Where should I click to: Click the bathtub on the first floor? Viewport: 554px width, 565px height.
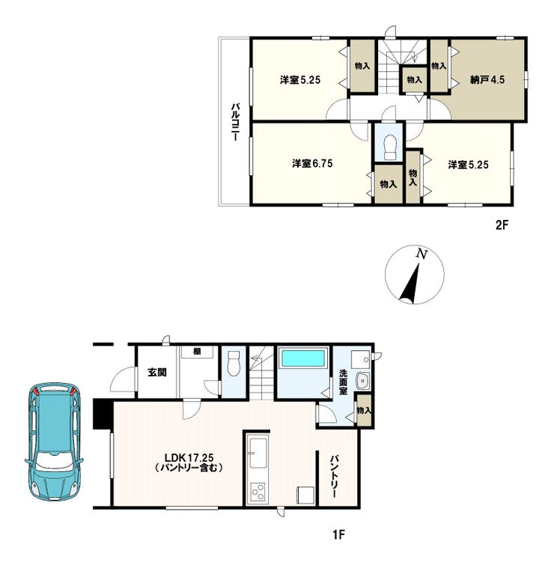coord(302,358)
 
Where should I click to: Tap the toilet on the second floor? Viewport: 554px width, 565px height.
coord(389,147)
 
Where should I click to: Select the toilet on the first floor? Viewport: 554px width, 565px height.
coord(234,364)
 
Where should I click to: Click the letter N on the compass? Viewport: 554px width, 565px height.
coord(421,254)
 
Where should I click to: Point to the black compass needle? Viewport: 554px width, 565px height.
coord(412,284)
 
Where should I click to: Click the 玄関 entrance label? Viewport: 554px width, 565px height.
coord(157,372)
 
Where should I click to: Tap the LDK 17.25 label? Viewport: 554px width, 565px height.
coord(189,458)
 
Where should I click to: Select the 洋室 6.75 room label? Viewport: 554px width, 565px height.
coord(312,164)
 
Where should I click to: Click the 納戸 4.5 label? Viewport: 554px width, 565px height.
coord(487,79)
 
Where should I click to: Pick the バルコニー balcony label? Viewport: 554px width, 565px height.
coord(235,122)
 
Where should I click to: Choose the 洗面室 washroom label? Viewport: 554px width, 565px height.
coord(343,382)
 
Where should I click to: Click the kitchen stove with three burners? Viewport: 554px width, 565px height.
coord(259,492)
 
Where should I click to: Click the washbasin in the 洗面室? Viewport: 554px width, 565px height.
coord(362,380)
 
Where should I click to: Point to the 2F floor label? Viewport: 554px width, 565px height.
coord(502,225)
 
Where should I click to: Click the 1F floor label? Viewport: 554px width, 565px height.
coord(339,534)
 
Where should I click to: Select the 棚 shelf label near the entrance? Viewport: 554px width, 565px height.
coord(197,351)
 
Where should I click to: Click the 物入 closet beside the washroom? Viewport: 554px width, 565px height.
coord(364,411)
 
